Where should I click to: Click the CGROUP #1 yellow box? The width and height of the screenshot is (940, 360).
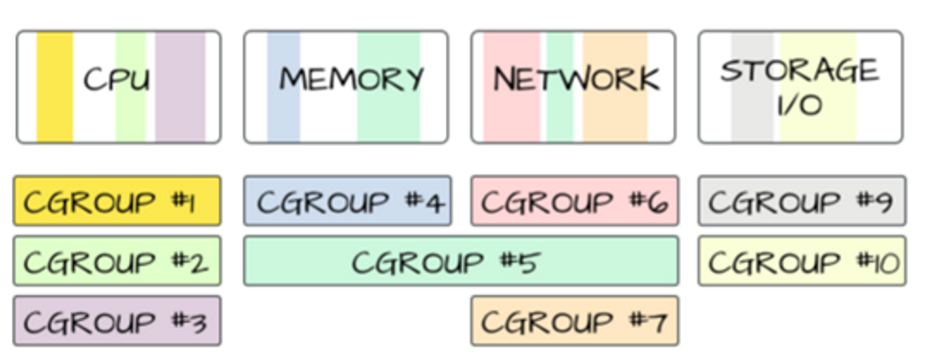tap(117, 201)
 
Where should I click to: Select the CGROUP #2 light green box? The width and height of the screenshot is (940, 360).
tap(117, 261)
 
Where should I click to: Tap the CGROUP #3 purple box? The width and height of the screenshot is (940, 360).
tap(117, 321)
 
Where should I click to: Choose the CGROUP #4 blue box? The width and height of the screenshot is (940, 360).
tap(348, 201)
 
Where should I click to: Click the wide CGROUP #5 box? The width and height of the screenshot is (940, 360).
tap(460, 261)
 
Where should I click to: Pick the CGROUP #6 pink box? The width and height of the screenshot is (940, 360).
tap(575, 201)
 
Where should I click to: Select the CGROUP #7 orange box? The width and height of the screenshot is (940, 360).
tap(575, 321)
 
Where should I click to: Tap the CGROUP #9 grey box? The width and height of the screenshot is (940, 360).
tap(802, 201)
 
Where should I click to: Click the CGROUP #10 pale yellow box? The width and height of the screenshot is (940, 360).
tap(802, 261)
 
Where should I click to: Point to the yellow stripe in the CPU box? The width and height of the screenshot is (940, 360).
tap(54, 87)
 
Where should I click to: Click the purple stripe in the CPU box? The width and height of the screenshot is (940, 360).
tap(180, 87)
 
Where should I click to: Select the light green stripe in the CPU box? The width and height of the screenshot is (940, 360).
tap(131, 87)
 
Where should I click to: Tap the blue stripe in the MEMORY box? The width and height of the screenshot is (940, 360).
tap(283, 87)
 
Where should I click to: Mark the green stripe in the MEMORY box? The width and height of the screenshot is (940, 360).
tap(388, 87)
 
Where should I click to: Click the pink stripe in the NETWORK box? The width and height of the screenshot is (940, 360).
tap(512, 87)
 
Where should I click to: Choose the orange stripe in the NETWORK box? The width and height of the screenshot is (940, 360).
tap(615, 87)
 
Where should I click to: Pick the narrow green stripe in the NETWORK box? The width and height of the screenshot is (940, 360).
tap(560, 87)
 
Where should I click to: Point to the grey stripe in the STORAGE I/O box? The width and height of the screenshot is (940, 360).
tap(752, 87)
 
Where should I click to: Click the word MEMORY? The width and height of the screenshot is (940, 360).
tap(352, 79)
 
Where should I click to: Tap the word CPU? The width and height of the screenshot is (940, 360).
tap(117, 79)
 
